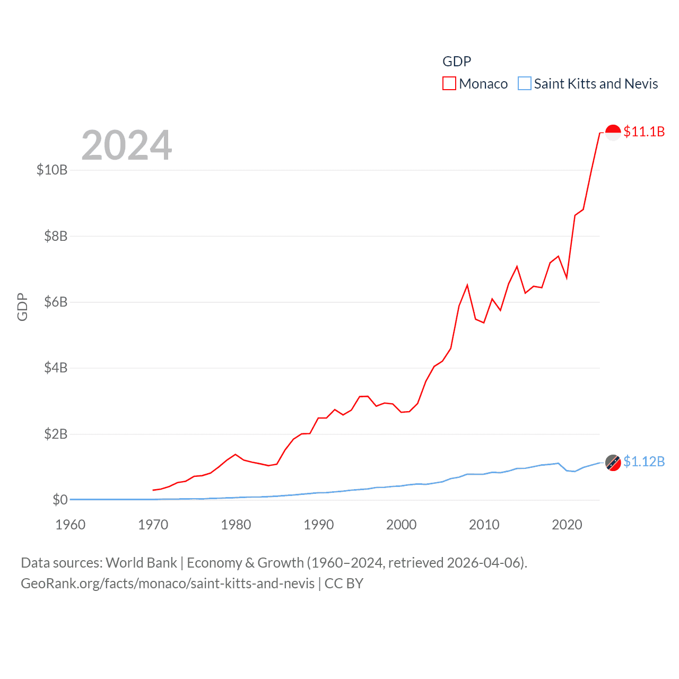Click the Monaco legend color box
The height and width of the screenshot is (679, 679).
[x=449, y=84]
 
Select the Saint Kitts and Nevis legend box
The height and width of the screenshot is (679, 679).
[x=524, y=84]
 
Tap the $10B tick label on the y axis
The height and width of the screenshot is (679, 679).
[x=52, y=170]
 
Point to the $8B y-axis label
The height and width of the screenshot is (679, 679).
[x=56, y=236]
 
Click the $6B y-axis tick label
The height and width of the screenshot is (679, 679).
[x=56, y=302]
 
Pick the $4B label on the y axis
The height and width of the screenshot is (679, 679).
[x=56, y=368]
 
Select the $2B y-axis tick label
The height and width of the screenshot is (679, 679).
[x=56, y=434]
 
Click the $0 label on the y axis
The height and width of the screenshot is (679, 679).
[x=60, y=500]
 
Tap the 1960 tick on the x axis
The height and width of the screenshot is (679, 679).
[x=71, y=525]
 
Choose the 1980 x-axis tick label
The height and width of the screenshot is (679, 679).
[x=236, y=525]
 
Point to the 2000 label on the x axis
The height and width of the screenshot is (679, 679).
[x=402, y=525]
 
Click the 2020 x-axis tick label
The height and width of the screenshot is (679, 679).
[x=567, y=525]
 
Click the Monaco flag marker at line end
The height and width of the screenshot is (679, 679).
[x=613, y=132]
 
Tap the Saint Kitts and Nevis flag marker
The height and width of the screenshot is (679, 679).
[x=613, y=463]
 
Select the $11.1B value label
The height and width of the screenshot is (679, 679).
[x=644, y=132]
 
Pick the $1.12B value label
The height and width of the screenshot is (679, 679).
[x=644, y=462]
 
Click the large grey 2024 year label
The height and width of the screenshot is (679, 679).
[x=127, y=145]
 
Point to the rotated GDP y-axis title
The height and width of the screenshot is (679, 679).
[x=22, y=307]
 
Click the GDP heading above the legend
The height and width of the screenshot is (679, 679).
[x=457, y=62]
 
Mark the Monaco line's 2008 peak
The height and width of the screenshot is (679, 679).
[x=467, y=285]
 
